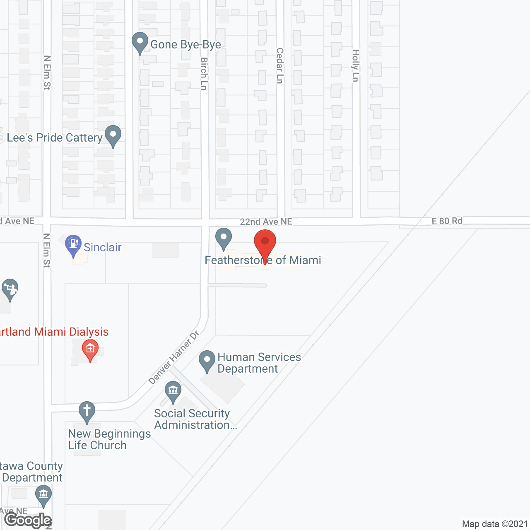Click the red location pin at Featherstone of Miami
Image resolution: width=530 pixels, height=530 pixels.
click(x=265, y=244)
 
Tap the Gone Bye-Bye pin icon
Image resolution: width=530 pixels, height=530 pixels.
click(x=140, y=42)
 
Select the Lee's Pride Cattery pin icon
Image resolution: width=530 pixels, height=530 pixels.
click(x=113, y=135)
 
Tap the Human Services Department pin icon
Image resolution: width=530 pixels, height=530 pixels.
click(x=207, y=361)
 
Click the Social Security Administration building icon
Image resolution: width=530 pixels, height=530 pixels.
click(x=173, y=391)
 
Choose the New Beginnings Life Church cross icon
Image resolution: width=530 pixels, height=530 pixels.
click(x=87, y=412)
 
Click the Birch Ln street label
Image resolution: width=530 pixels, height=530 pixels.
click(x=204, y=74)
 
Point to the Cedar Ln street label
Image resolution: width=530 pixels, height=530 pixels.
click(x=280, y=65)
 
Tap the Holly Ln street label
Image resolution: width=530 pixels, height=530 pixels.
click(x=355, y=65)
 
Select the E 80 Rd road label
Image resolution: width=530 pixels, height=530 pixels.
click(x=447, y=221)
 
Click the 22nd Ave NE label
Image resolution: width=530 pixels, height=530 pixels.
click(x=266, y=222)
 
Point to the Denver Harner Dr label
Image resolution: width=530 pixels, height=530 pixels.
click(x=174, y=357)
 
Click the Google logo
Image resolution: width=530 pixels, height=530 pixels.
click(x=28, y=520)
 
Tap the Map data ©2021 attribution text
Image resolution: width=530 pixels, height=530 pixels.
click(x=495, y=524)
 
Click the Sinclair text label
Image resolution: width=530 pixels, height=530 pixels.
click(x=102, y=248)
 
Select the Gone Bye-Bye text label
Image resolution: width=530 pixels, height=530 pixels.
click(x=185, y=45)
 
